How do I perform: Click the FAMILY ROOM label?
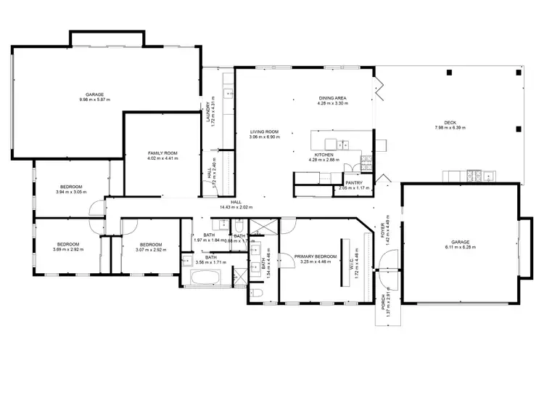pyautogui.click(x=162, y=153)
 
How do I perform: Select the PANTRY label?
pyautogui.click(x=353, y=183)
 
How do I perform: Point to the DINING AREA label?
pyautogui.click(x=333, y=98)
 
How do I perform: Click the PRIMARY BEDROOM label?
pyautogui.click(x=315, y=256)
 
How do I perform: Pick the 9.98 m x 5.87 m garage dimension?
pyautogui.click(x=94, y=100)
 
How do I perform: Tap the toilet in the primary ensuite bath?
pyautogui.click(x=259, y=293)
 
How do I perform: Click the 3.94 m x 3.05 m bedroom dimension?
pyautogui.click(x=72, y=192)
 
